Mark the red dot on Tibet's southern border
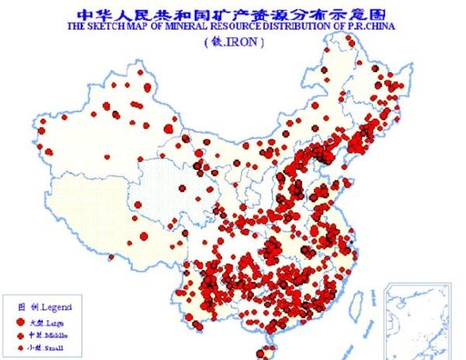[x=111, y=257]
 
